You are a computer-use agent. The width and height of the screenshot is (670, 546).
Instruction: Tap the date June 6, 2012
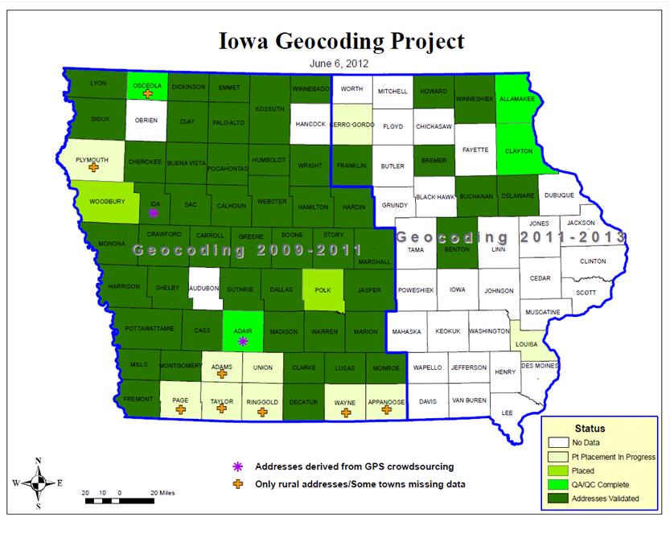(x=335, y=61)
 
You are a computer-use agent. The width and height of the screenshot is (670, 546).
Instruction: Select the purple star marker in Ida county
(x=154, y=214)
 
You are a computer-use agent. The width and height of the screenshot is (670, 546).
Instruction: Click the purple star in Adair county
(x=244, y=341)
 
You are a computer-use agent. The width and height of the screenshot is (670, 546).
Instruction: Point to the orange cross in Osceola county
(x=148, y=94)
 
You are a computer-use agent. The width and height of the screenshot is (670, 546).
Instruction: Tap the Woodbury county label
(x=106, y=202)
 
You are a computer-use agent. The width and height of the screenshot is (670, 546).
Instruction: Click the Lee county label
(x=507, y=413)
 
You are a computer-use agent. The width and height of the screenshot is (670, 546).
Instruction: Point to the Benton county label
(x=457, y=250)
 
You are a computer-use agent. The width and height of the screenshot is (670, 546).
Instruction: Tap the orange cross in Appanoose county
(x=387, y=410)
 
